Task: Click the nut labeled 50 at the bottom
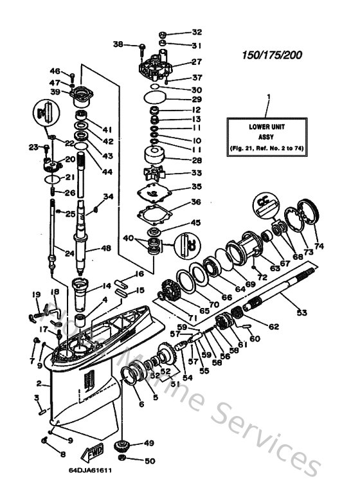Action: click(x=123, y=460)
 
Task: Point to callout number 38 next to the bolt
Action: click(x=118, y=44)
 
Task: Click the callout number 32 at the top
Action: click(x=196, y=32)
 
